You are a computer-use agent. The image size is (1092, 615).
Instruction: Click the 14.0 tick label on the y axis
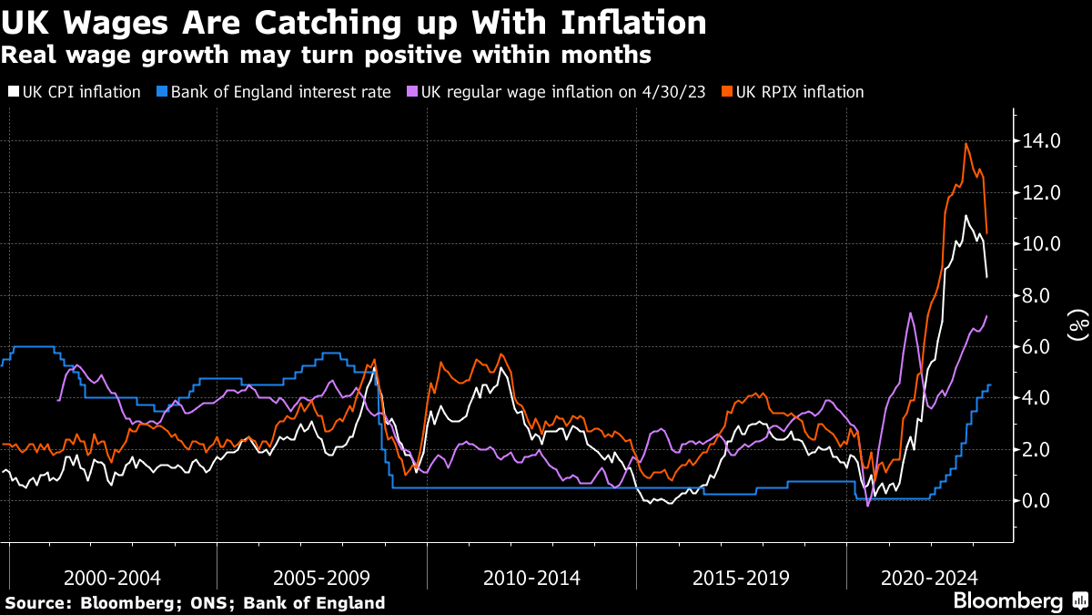pos(1042,141)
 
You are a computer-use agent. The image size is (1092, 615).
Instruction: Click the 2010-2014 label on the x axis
pos(531,578)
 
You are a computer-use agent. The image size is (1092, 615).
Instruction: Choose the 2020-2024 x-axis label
pos(930,578)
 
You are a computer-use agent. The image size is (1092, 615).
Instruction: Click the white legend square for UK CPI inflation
pos(13,92)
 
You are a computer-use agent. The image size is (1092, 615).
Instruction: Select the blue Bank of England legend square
pos(163,92)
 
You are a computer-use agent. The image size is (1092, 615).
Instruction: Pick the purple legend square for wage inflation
pos(411,92)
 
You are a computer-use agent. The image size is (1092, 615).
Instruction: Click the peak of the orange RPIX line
pos(966,144)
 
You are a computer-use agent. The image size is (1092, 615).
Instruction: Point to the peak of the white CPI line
pos(965,216)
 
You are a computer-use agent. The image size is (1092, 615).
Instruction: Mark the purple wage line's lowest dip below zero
pos(867,505)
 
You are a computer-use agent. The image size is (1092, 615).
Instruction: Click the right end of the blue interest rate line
pos(990,385)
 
